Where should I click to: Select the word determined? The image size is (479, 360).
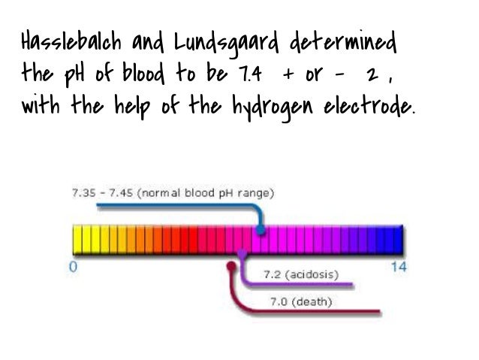[349, 47]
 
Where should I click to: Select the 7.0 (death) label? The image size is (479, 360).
[300, 302]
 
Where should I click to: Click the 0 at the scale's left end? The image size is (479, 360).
[72, 268]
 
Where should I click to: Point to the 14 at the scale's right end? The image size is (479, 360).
[399, 268]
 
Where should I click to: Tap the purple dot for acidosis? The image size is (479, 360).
[242, 255]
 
